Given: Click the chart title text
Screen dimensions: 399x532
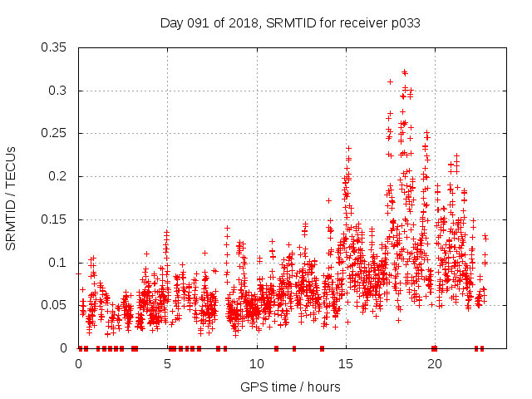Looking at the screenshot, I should point(289,23).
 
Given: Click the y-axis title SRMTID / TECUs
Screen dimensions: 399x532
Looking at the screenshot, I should point(11,198).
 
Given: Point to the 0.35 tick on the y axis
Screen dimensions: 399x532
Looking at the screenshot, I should point(56,47).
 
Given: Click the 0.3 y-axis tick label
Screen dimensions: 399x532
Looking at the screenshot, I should point(60,91).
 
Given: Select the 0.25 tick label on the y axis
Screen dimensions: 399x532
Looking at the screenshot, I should point(56,133).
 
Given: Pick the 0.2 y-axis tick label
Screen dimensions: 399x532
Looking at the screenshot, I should point(60,176).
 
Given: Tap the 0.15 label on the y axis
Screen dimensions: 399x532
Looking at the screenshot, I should point(56,219).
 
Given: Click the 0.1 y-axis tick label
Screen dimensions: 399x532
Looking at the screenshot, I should point(60,263).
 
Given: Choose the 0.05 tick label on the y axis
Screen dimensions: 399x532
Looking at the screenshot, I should point(56,305).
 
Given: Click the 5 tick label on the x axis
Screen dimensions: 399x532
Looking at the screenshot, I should point(167,363).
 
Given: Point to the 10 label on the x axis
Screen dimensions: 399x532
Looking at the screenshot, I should point(256,363).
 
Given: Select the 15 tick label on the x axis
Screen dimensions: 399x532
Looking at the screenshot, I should point(345,363).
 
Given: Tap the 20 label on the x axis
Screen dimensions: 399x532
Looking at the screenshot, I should point(434,363).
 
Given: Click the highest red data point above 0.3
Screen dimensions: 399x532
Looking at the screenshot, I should point(404,72).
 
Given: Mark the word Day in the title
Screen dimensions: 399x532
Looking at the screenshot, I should point(171,23).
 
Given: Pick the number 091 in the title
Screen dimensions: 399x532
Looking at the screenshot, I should point(197,23).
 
